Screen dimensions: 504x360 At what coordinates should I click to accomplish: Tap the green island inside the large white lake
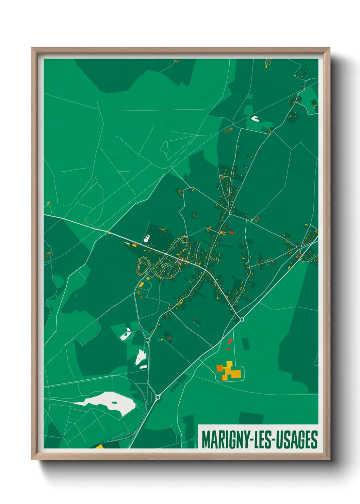(115, 403)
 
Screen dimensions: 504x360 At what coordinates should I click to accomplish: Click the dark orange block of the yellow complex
(220, 368)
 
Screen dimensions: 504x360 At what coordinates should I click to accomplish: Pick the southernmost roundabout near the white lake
(158, 397)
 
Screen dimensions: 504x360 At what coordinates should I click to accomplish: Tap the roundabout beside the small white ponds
(148, 340)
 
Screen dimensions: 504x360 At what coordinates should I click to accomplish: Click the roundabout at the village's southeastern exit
(242, 319)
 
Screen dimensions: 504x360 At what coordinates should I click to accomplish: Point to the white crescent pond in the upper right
(255, 119)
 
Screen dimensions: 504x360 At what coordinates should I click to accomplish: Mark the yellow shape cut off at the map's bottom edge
(99, 446)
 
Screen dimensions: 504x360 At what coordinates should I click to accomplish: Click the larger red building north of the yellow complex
(230, 341)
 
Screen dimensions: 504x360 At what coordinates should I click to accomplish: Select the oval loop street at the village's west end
(143, 265)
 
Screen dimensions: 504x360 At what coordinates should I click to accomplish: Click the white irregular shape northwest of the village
(147, 238)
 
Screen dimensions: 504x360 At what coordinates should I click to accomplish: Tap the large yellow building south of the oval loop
(141, 284)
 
